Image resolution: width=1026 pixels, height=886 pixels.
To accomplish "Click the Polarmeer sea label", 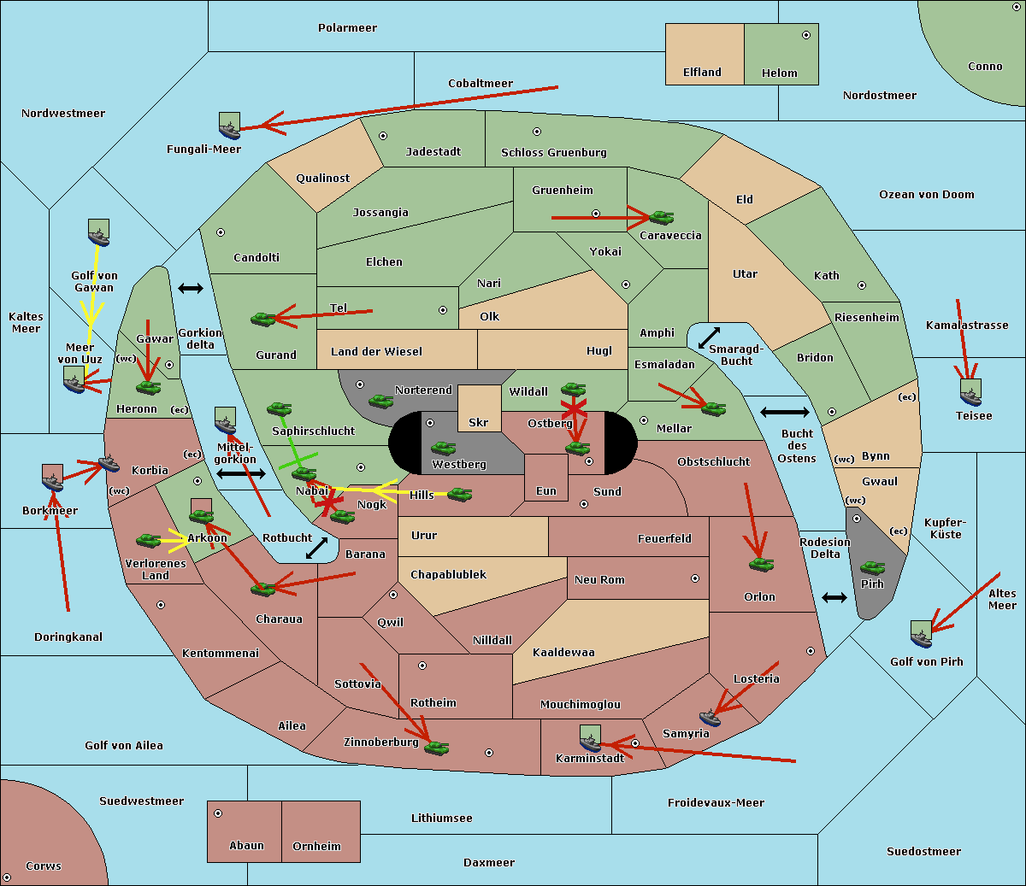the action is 347,28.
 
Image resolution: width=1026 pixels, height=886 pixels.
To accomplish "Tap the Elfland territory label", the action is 702,73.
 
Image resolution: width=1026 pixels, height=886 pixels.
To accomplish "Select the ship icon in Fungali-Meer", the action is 229,126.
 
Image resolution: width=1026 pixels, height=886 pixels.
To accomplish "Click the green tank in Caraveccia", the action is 661,217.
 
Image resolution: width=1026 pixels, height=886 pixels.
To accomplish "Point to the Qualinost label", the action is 322,178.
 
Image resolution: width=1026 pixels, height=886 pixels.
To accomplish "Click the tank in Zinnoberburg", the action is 436,748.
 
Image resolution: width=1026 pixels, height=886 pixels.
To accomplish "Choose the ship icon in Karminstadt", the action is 590,738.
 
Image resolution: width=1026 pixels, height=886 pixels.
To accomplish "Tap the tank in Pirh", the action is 872,567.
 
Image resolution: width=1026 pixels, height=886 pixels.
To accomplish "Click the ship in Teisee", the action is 970,392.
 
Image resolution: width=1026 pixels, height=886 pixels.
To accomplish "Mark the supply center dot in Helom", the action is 806,35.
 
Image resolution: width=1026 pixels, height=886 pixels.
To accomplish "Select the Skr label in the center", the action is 478,422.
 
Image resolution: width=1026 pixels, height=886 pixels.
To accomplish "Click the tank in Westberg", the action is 443,449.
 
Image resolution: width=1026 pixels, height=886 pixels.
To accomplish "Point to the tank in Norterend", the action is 380,401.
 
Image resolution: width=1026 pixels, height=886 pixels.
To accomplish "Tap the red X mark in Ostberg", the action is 575,408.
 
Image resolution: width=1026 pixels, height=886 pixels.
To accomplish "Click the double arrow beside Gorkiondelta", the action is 191,288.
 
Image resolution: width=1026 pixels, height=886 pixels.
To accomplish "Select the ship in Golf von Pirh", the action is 922,634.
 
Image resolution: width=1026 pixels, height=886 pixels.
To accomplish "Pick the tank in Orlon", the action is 761,565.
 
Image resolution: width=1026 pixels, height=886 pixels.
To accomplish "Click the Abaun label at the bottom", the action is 246,846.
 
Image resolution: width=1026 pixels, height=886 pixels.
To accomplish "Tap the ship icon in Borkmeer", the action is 52,478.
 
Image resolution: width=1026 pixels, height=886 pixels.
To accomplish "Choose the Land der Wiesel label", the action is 376,352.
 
